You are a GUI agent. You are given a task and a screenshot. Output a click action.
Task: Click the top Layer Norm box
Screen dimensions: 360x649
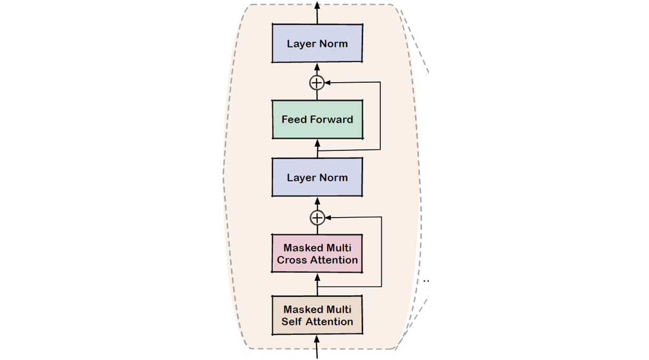[317, 43]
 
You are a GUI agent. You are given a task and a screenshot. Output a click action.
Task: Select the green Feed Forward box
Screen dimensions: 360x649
[317, 120]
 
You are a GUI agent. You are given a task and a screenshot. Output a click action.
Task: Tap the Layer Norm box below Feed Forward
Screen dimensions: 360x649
[317, 178]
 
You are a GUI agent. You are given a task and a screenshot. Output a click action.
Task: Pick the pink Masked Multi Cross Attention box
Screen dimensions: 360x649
[317, 254]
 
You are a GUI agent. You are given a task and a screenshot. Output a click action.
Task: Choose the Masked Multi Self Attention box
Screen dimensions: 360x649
[317, 315]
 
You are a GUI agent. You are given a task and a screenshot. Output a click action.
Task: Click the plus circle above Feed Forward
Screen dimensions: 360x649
[317, 83]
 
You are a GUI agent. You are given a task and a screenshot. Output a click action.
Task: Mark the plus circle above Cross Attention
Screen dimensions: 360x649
[317, 217]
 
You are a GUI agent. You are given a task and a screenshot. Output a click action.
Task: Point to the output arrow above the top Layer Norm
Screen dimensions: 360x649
[317, 12]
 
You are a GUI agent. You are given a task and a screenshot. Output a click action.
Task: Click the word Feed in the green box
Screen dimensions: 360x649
[294, 120]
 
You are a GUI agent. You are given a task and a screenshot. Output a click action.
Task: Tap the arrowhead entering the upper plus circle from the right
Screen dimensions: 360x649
[327, 83]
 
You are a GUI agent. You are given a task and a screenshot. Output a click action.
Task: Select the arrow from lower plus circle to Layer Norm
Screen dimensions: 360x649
[317, 203]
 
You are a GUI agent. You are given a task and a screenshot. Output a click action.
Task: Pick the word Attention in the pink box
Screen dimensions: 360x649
[333, 260]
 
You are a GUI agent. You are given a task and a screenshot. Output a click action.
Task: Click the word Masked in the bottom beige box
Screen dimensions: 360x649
[302, 309]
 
